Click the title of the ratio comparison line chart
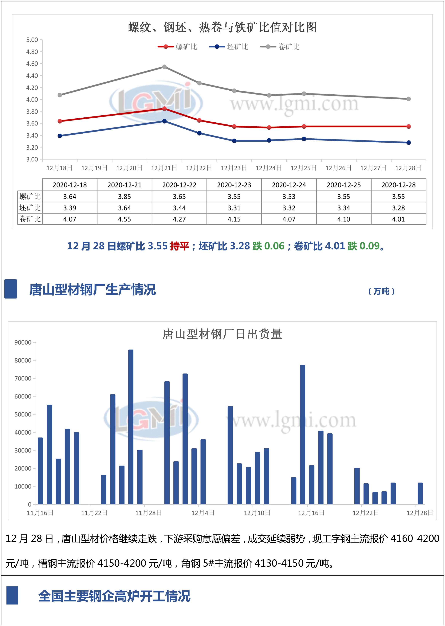click(x=222, y=27)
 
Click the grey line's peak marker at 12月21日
click(x=164, y=67)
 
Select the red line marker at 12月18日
click(x=60, y=121)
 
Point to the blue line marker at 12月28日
click(x=408, y=142)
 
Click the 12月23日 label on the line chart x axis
click(x=234, y=168)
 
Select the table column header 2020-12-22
click(x=179, y=185)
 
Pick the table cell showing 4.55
click(x=124, y=219)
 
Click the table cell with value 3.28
click(x=398, y=208)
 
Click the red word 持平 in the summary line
click(x=179, y=246)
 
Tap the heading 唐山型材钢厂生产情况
click(x=93, y=289)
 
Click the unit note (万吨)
click(x=381, y=291)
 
